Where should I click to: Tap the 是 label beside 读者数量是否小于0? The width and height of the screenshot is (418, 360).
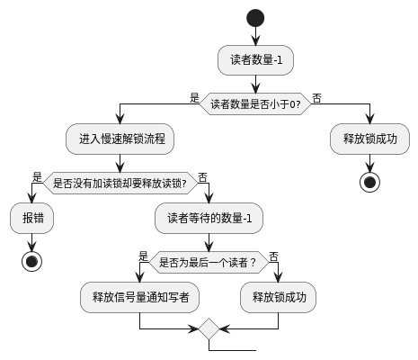[x=194, y=96]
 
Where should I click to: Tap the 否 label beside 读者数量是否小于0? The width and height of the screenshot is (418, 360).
[x=317, y=96]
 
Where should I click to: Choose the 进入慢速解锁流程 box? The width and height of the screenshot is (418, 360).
[x=120, y=139]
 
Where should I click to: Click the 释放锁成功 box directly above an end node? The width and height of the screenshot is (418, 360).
[x=369, y=139]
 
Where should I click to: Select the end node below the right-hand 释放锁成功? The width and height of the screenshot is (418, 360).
[x=369, y=182]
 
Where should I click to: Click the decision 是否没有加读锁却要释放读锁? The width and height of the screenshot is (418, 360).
[x=120, y=184]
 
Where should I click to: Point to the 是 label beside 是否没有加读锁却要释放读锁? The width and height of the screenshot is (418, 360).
[x=37, y=176]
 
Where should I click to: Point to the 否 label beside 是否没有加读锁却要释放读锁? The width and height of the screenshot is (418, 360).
[x=202, y=176]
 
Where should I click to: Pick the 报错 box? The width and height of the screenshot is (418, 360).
[x=31, y=218]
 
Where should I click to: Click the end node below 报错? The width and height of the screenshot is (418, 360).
[x=31, y=261]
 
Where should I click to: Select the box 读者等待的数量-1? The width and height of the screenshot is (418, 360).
[x=209, y=218]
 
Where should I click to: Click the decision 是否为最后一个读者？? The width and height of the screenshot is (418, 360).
[x=209, y=263]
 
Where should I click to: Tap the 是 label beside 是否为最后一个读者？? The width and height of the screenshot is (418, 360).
[x=143, y=255]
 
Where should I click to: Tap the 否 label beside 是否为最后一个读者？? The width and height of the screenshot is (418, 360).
[x=273, y=255]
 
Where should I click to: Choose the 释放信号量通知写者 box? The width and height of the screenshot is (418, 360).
[x=140, y=297]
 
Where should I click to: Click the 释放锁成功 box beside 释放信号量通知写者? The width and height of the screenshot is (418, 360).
[x=278, y=297]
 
